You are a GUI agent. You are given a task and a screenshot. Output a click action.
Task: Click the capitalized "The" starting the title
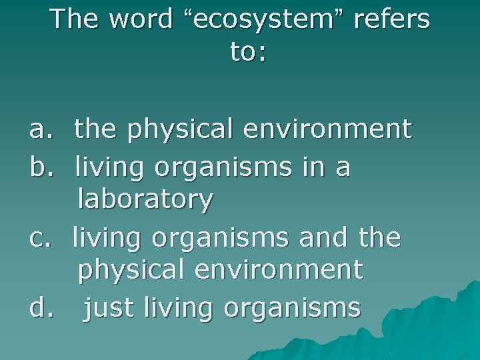point(75,19)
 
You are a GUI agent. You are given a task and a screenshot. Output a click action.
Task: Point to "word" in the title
point(141,19)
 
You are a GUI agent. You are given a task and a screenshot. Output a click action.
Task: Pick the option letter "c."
point(39,237)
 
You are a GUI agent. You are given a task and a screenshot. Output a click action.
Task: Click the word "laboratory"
point(145,199)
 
